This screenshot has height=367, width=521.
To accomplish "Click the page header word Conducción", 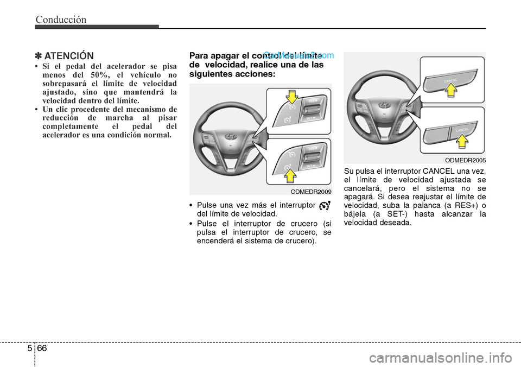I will click(61, 20).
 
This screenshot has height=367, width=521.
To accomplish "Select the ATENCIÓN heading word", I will click(69, 56).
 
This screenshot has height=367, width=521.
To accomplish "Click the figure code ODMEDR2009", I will click(310, 192).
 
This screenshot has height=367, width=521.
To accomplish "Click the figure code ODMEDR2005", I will click(465, 160).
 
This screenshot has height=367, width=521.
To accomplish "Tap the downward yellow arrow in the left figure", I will click(291, 97).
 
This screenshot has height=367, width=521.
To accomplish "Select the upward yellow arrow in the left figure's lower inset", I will click(291, 174).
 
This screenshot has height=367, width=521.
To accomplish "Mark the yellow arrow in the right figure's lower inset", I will click(462, 141).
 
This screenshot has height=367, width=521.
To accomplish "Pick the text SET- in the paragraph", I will click(383, 213).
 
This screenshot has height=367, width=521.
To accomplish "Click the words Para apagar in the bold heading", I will click(211, 56).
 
